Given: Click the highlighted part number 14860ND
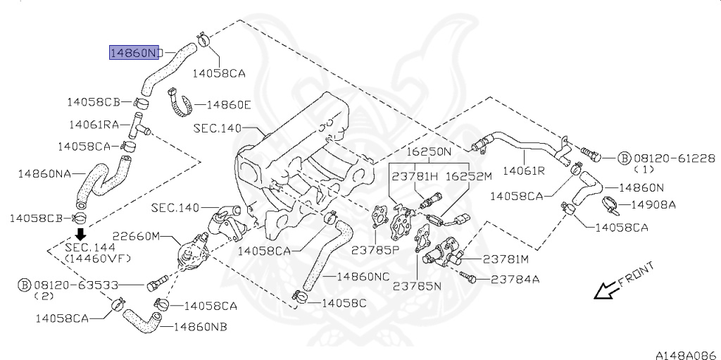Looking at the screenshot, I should [134, 53].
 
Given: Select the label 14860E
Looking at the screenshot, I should [228, 105].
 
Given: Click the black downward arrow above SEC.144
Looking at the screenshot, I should [81, 234].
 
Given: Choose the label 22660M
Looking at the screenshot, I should [137, 236].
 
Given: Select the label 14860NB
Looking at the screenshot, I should [200, 327].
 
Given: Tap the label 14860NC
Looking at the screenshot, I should [363, 276].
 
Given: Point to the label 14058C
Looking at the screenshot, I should [344, 302].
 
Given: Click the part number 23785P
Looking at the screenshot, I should [375, 250].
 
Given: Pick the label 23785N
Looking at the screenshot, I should [417, 286].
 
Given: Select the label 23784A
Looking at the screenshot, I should [515, 279].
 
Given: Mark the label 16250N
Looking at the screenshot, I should [428, 151].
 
